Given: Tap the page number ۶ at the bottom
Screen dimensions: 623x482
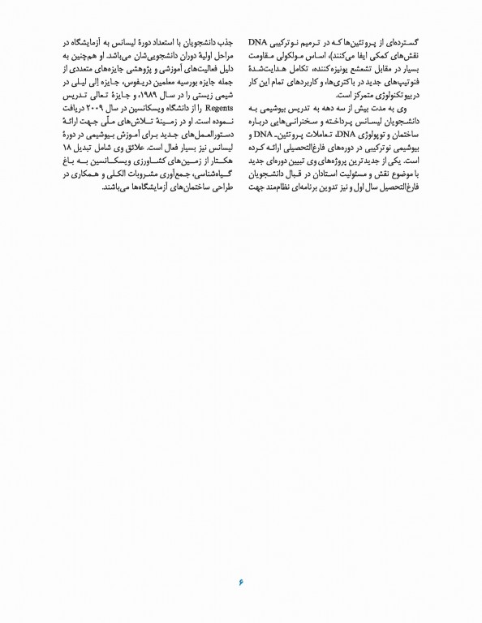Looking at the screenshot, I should click(x=241, y=580).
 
